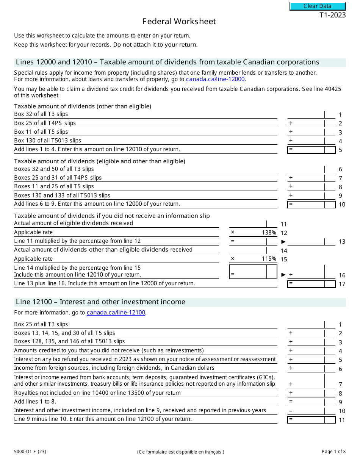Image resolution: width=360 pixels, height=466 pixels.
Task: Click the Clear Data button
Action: click(x=318, y=6)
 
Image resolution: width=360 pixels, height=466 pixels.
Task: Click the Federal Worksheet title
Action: click(x=179, y=22)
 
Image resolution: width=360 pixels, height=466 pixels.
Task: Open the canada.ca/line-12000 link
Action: click(x=215, y=79)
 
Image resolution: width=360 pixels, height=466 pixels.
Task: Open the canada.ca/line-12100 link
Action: click(x=116, y=313)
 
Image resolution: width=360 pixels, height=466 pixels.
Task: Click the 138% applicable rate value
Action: click(x=269, y=233)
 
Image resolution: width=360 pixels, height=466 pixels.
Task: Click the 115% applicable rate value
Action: click(x=269, y=259)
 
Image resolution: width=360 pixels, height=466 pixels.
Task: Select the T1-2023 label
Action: click(x=332, y=16)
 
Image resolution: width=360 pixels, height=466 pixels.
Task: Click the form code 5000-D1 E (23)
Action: click(x=30, y=451)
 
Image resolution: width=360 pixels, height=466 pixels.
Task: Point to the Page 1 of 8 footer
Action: click(x=333, y=451)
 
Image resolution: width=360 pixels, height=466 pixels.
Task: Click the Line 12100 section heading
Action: click(x=100, y=302)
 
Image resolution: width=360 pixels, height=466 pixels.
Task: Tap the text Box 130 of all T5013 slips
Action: click(x=48, y=141)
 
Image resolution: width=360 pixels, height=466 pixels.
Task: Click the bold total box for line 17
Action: click(x=311, y=284)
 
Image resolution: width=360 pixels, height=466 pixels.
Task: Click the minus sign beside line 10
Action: click(x=291, y=411)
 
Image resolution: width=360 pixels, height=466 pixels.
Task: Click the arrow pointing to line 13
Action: click(x=283, y=242)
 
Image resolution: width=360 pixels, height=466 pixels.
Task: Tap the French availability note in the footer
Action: click(x=181, y=452)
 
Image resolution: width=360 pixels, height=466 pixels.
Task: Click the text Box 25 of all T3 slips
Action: click(x=41, y=324)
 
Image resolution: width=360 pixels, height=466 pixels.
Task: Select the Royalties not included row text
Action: click(x=97, y=393)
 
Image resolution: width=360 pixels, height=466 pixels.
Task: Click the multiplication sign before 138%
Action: click(x=233, y=232)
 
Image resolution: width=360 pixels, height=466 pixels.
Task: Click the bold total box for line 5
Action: click(x=311, y=150)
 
